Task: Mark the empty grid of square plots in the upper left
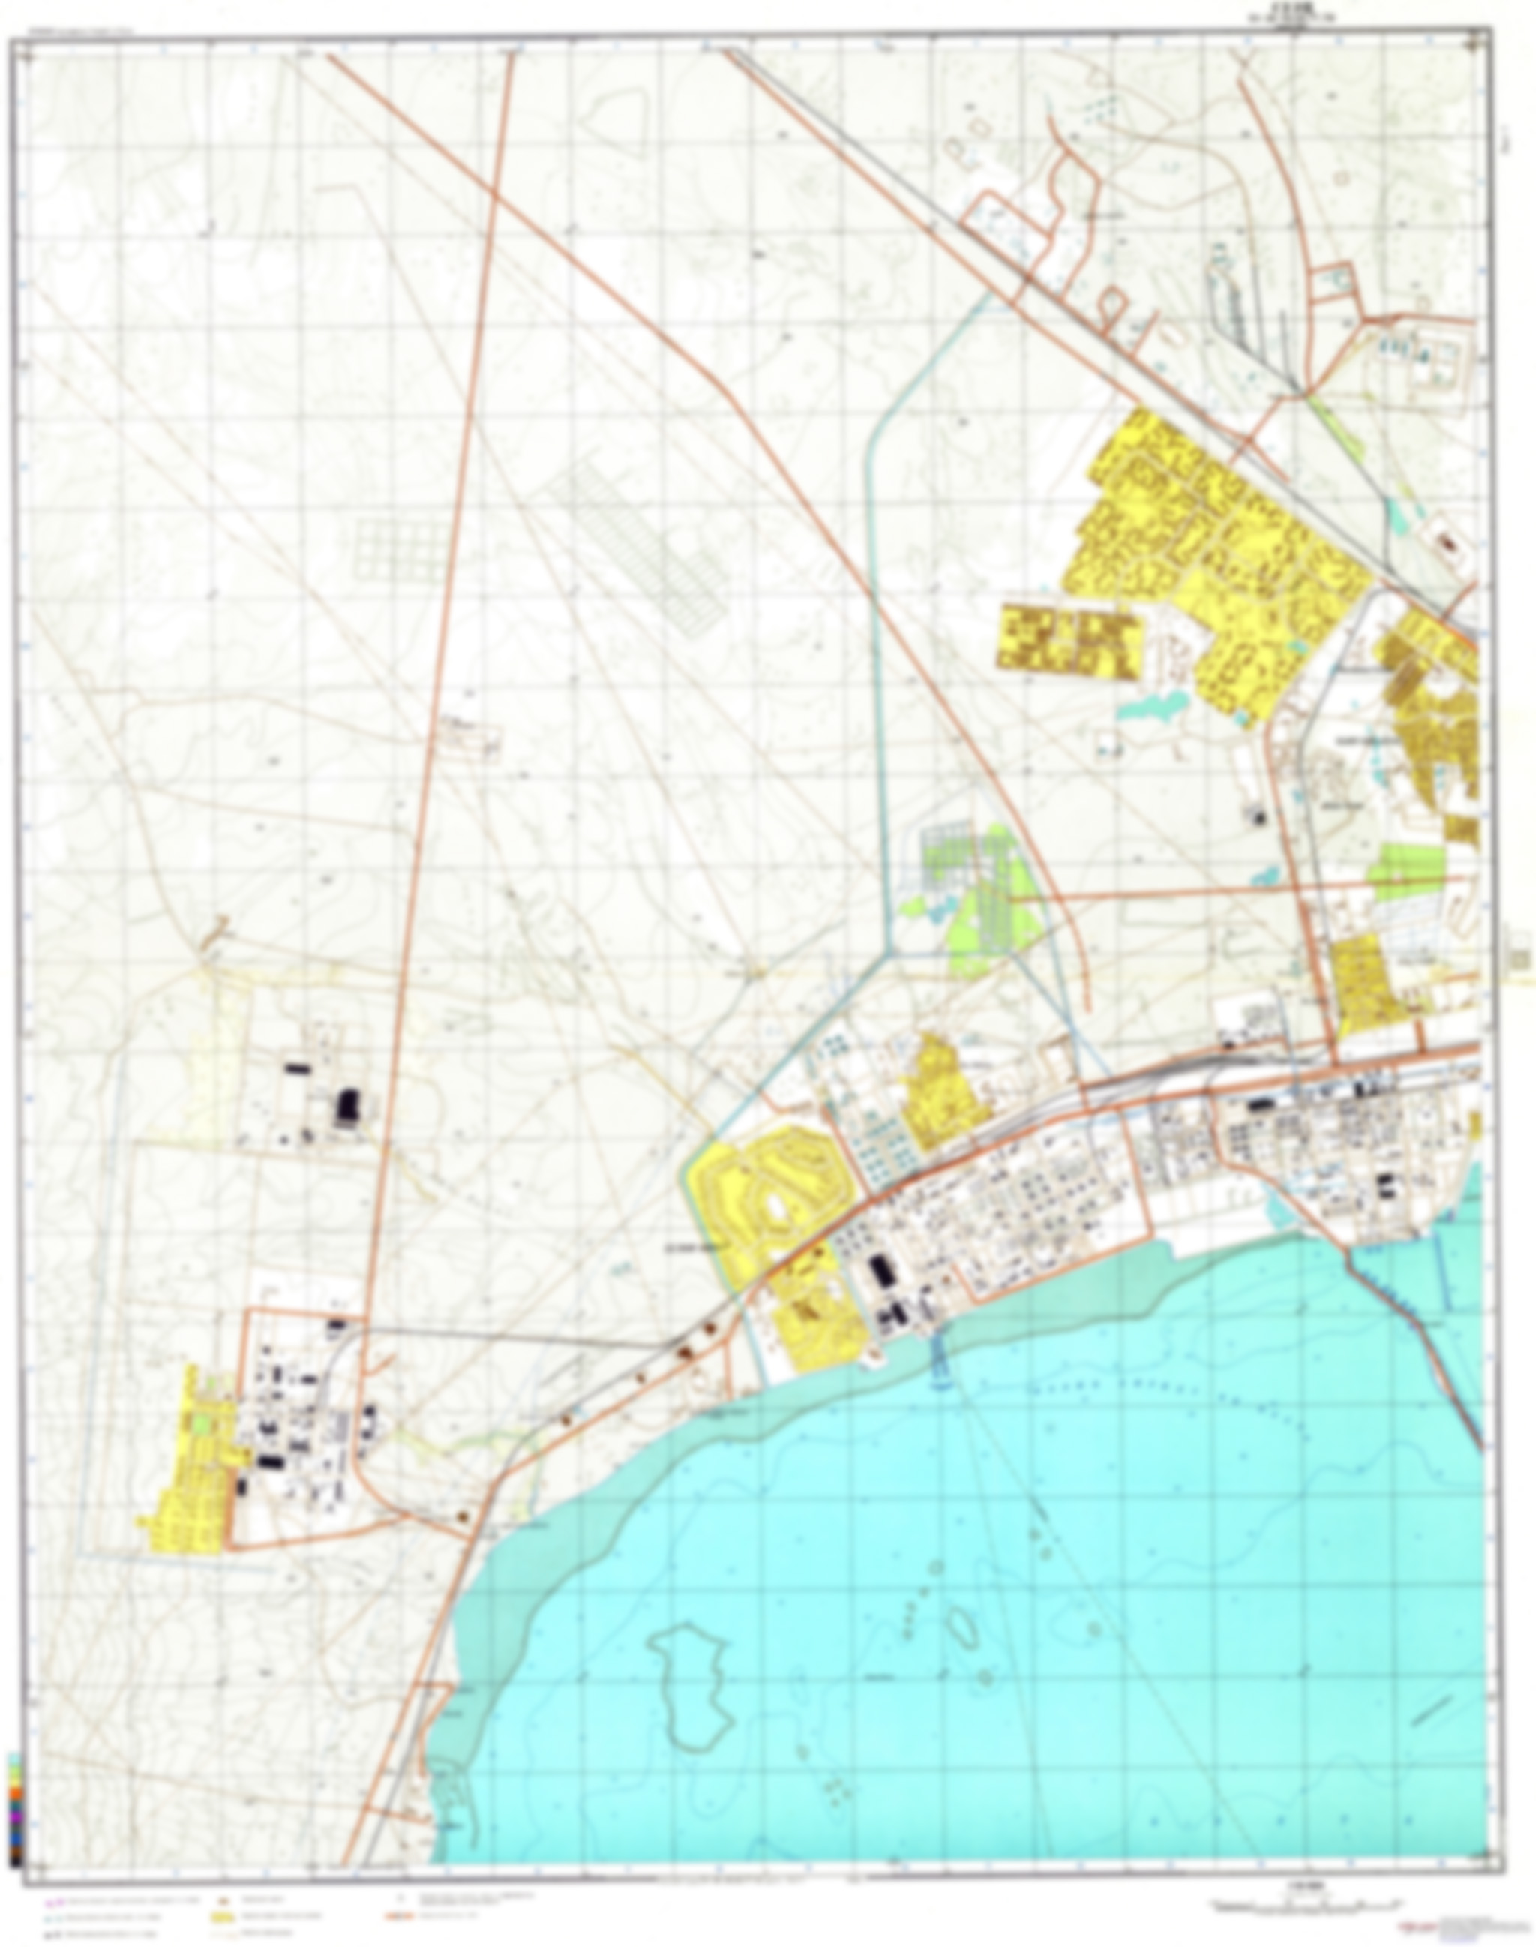click(397, 548)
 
